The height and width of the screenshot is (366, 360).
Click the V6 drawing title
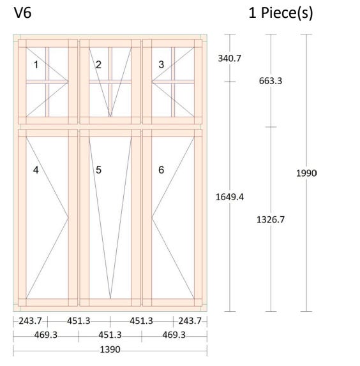tap(23, 13)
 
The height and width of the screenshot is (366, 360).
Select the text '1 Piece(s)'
tap(281, 13)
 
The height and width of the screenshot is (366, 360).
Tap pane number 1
tap(36, 64)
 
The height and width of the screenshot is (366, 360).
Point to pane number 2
tap(98, 64)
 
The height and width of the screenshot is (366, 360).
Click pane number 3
tap(161, 64)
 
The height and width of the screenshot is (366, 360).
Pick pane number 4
tap(36, 170)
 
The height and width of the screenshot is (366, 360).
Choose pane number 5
tap(98, 170)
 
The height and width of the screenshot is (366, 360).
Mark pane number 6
tap(161, 170)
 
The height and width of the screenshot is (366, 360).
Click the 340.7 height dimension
tap(229, 59)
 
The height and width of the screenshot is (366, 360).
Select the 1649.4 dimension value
tap(230, 197)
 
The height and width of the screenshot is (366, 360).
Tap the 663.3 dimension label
tap(271, 81)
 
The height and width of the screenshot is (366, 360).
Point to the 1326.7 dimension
tap(271, 219)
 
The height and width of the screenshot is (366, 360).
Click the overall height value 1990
tap(306, 173)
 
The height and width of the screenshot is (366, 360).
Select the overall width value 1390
tap(110, 349)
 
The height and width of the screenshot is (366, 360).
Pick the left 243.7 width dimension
tap(30, 321)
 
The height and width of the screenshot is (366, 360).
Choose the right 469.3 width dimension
tap(174, 335)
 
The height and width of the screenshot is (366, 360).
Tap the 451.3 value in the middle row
tap(110, 335)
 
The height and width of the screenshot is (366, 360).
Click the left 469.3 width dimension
tap(46, 335)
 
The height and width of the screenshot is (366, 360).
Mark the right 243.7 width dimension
tap(190, 321)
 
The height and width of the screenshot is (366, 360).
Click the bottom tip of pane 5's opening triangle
tap(110, 298)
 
